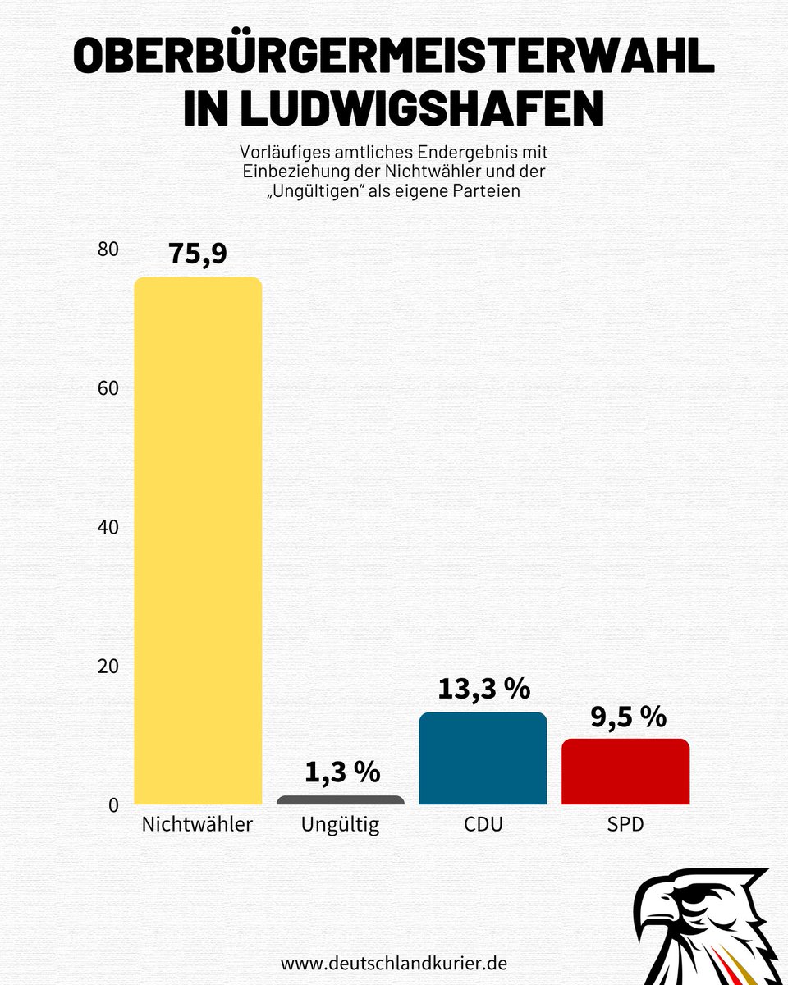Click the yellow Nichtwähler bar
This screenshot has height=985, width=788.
pos(198,541)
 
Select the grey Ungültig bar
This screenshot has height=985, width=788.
pos(341,800)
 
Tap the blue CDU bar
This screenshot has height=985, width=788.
pos(483,758)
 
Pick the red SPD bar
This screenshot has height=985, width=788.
pos(625,772)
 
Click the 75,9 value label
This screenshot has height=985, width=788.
pos(198,253)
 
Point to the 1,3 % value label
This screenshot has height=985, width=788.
pos(342,772)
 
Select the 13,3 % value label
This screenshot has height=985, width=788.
pos(483,689)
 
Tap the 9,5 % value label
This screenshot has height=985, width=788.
pos(628,716)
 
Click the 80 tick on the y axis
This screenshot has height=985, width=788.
pos(108,250)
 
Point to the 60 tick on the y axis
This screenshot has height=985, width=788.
pos(108,388)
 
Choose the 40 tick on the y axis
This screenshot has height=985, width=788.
pos(108,527)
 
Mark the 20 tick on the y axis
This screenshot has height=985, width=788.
pos(108,666)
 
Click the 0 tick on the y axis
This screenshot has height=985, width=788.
pos(113,804)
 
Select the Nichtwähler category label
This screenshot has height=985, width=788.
pos(197,824)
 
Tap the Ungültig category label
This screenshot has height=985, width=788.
pos(341,824)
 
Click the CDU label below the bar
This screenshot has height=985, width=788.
pos(483,824)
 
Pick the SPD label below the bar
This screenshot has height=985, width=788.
pos(625,824)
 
